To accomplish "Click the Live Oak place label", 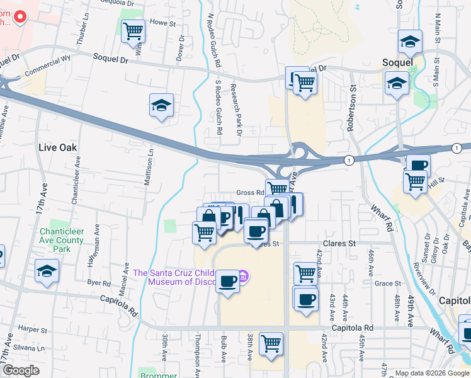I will coord(57,147).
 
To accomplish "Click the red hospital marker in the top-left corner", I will coord(20,17).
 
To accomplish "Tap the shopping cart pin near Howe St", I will coord(133,30).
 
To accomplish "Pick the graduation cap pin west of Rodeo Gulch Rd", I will coord(161,105).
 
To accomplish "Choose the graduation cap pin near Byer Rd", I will coord(47,272).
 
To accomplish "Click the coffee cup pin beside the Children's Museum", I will coord(227,280).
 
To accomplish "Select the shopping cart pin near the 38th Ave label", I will coord(271,344).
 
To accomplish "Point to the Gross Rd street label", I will coord(249,193).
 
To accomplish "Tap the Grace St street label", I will coord(383,283).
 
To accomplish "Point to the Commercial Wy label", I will coord(45,72).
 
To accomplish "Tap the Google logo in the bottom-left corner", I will coord(21,371).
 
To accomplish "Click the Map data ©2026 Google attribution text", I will coord(431,373).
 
